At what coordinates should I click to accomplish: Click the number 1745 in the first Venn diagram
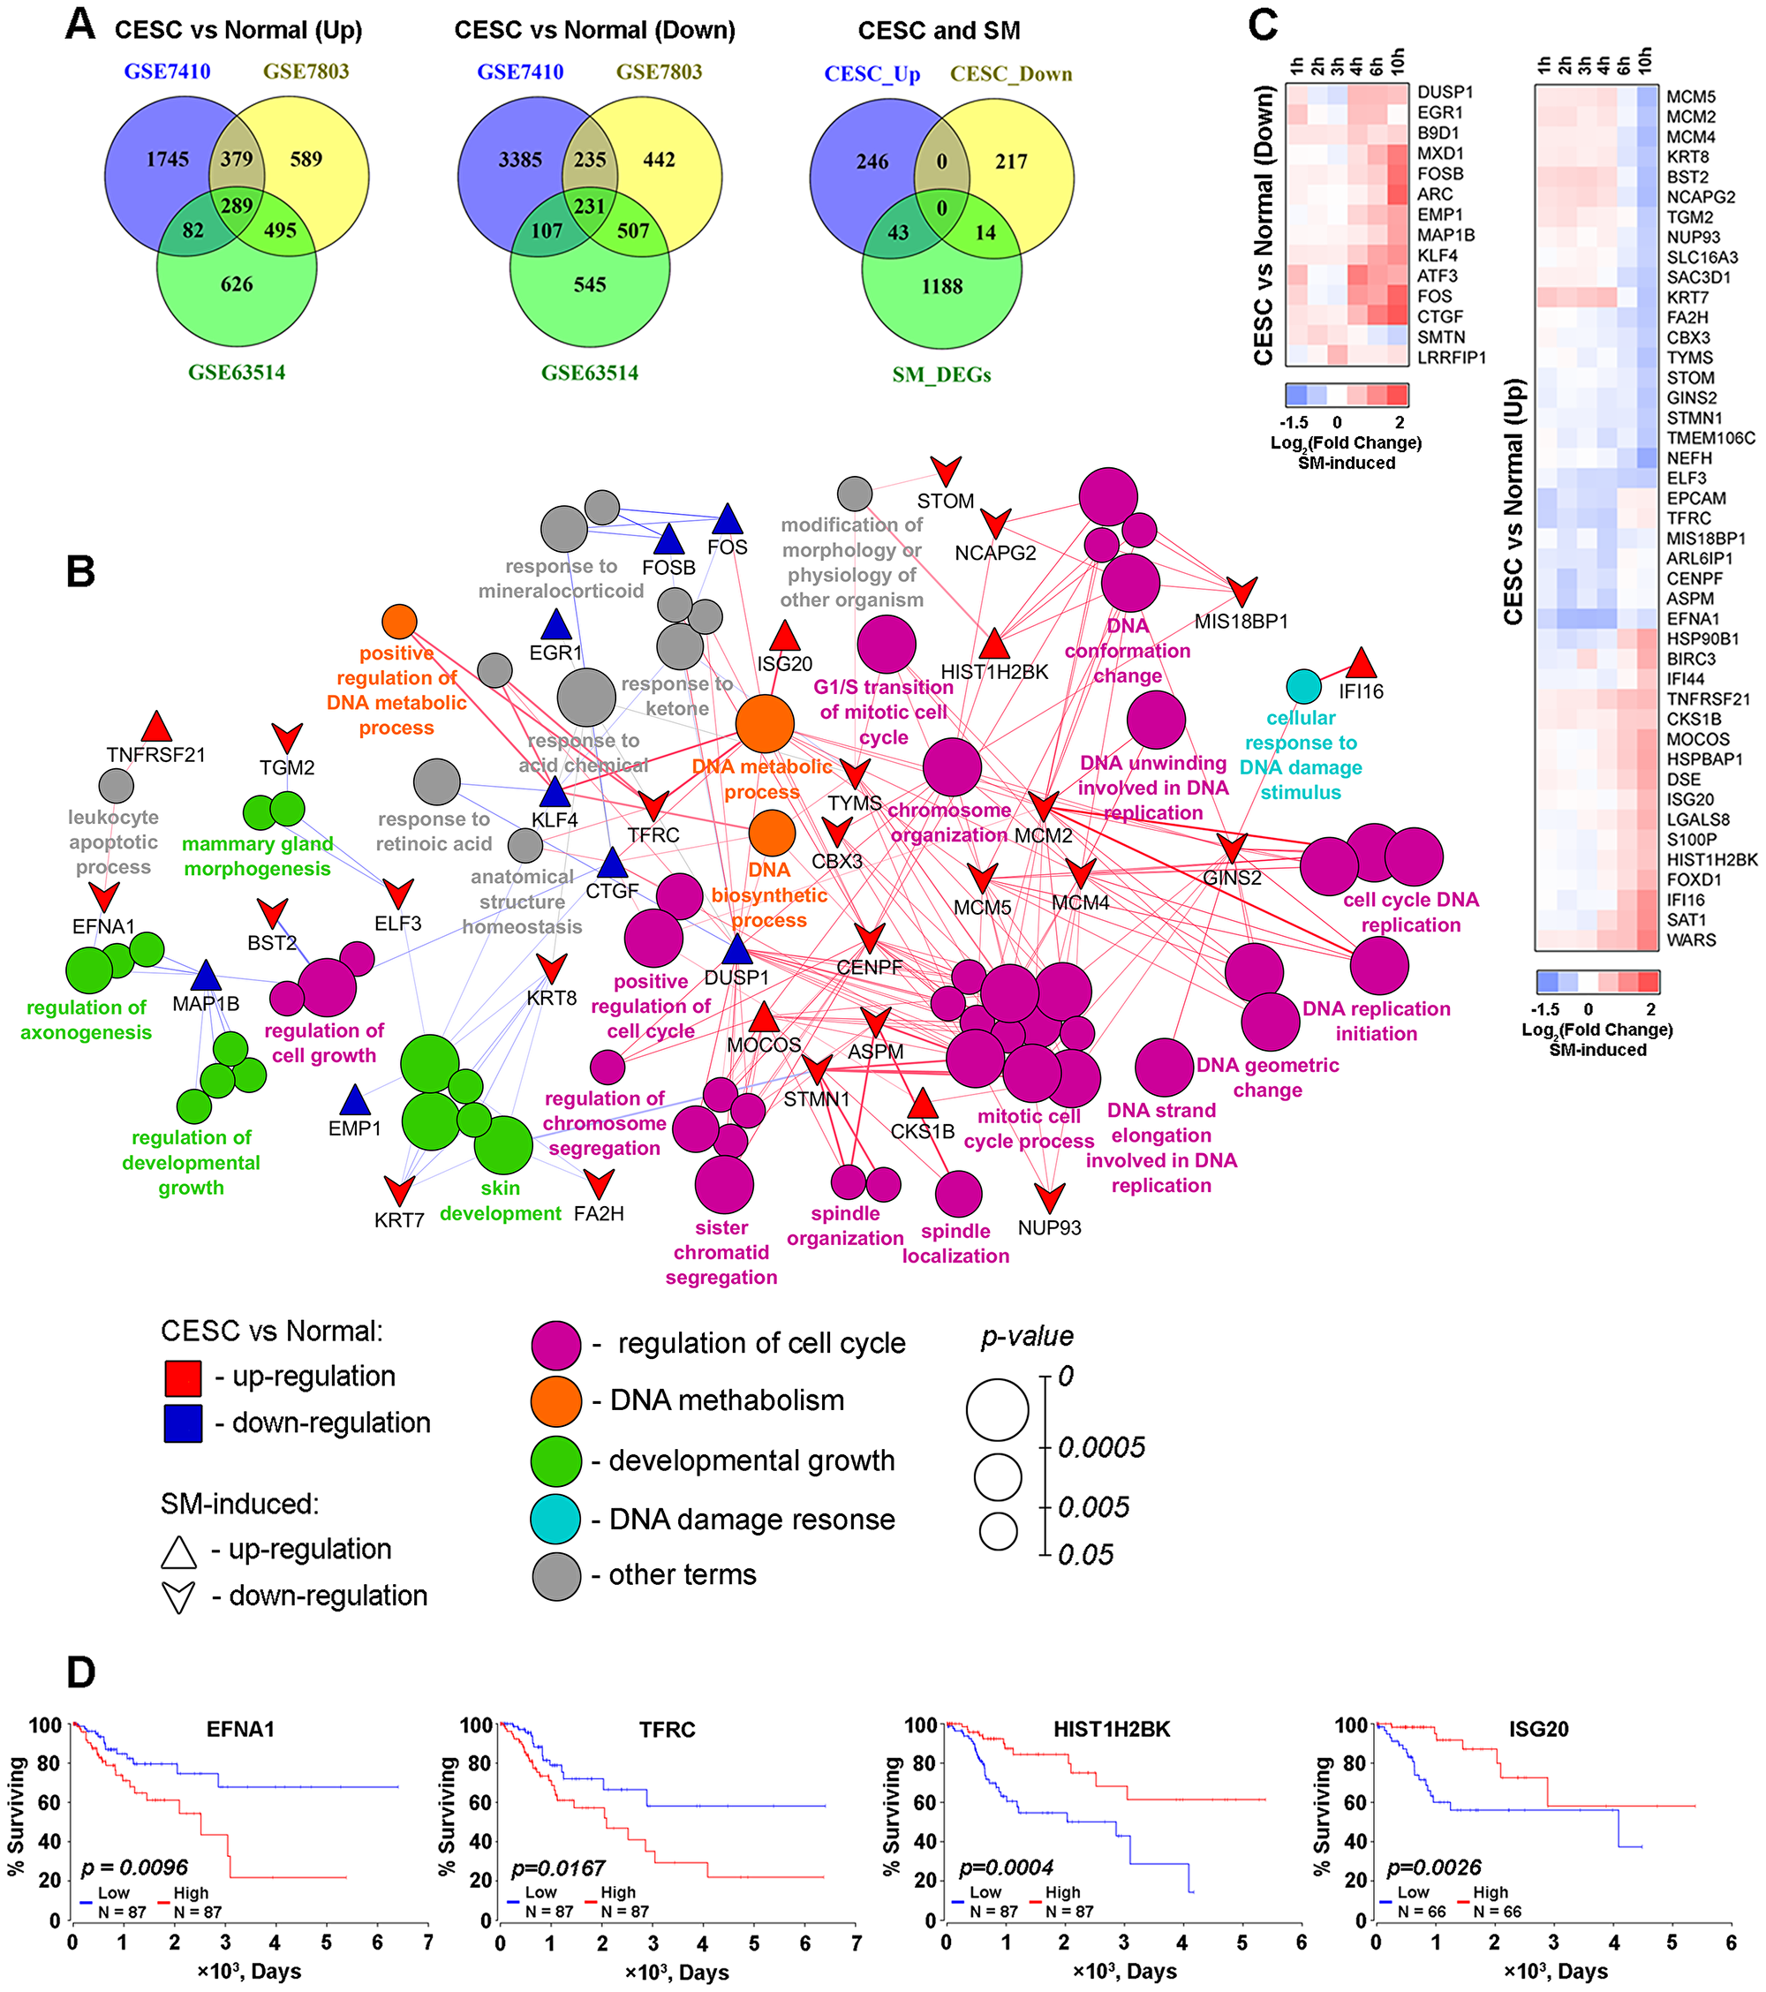168,159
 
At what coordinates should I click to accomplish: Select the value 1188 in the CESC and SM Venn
941,286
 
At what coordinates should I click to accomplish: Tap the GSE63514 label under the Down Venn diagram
590,373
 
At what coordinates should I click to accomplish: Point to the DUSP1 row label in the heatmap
1445,93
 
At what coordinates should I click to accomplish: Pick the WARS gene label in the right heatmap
1690,940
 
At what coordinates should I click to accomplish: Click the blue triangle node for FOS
727,519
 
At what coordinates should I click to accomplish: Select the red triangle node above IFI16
1361,665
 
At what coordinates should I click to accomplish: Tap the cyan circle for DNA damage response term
1303,686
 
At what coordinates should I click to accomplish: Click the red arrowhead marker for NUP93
1050,1197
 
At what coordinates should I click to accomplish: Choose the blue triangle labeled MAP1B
206,975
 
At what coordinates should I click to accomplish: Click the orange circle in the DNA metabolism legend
555,1400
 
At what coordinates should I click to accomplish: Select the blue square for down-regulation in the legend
184,1422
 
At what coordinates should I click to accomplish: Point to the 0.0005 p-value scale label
1101,1447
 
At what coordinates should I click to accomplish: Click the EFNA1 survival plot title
240,1729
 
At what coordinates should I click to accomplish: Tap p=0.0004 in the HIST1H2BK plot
1006,1867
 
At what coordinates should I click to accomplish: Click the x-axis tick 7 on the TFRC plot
855,1943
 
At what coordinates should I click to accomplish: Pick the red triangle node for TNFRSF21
156,727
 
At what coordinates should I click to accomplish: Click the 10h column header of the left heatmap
1399,62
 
